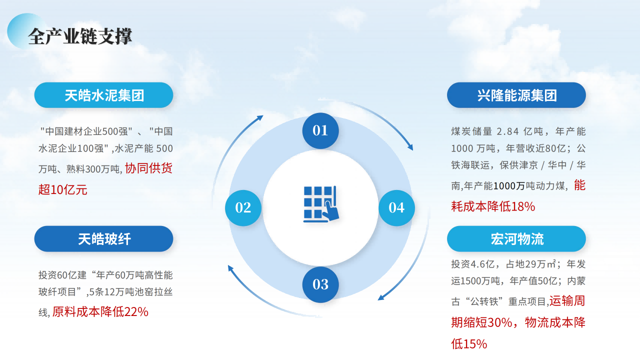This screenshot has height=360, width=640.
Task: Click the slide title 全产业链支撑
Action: point(80,36)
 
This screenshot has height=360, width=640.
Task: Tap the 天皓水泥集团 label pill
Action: point(103,95)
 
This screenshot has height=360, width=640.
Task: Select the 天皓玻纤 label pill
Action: point(103,239)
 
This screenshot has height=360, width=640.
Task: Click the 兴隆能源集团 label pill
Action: point(516,95)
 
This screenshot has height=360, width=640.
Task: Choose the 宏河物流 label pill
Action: point(516,239)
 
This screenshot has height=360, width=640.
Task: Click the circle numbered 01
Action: point(320,130)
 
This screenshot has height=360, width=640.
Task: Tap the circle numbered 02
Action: point(243,207)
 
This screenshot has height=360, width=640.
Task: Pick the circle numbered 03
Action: point(320,284)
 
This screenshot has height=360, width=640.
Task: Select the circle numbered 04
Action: point(396,207)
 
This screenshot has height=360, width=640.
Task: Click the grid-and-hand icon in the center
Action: point(321,204)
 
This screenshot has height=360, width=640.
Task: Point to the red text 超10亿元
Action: point(63,189)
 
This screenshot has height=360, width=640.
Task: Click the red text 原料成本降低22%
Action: point(100,311)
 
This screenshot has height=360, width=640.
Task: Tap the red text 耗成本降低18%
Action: point(493,206)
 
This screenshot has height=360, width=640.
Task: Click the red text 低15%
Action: point(469,344)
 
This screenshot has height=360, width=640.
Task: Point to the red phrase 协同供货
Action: point(148,168)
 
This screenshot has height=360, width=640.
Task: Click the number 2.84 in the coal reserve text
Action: point(507,131)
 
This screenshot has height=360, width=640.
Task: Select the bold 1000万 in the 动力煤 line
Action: point(509,186)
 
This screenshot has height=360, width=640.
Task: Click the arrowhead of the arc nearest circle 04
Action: point(410,147)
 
